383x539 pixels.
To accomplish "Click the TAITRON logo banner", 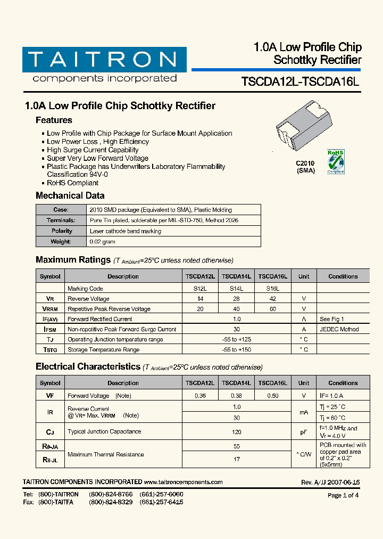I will point(104,60).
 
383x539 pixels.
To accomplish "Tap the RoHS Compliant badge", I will point(335,161).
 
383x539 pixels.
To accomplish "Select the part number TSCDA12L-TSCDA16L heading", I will point(301,82).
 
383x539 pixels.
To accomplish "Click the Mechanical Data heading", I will point(70,195).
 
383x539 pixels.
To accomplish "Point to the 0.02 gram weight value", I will point(102,242).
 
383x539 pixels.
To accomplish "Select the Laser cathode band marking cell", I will point(125,231).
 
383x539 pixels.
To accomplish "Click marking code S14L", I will point(236,289).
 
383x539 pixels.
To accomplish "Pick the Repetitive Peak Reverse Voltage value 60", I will point(272,309).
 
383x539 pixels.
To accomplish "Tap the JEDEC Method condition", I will point(339,329).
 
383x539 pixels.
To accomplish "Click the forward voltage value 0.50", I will point(272,396).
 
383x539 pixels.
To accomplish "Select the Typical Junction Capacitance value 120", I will point(236,432).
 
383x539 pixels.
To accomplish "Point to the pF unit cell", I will point(303,432).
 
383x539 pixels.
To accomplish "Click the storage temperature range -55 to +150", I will point(236,349).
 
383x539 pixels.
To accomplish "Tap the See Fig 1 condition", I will point(331,319).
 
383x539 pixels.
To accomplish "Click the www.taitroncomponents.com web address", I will point(183,482).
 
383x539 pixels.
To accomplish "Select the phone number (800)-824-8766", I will point(111,494).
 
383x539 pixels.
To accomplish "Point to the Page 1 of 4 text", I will point(343,495).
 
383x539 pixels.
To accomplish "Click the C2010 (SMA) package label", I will point(305,167).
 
